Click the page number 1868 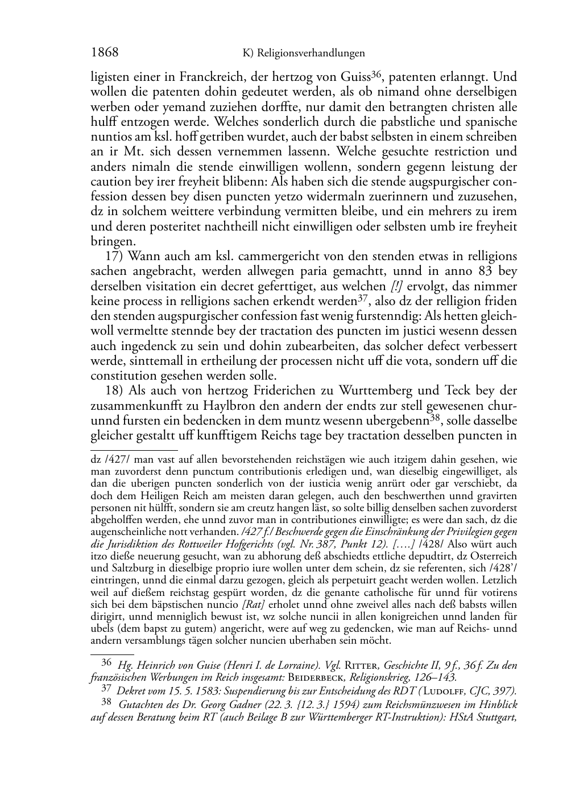click(x=105, y=53)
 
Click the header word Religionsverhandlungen click(x=311, y=53)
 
